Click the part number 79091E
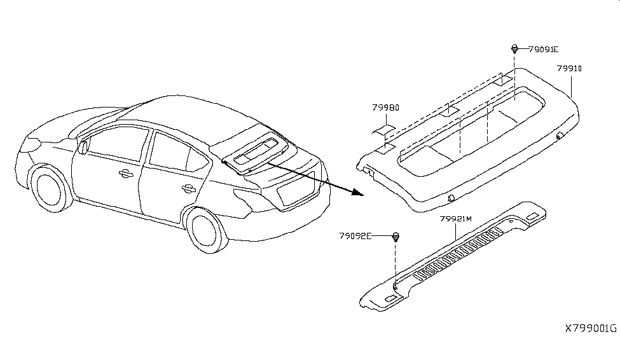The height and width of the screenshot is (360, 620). [544, 50]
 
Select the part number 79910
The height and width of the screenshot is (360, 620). [569, 69]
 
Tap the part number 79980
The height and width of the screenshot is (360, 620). [385, 107]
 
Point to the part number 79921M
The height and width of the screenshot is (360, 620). [456, 219]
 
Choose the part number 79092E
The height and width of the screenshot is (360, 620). [355, 236]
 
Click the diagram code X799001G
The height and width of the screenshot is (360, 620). [591, 328]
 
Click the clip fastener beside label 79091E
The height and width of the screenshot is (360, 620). [514, 50]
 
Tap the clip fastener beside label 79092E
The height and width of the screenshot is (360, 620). [396, 237]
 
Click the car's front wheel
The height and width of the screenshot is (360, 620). [50, 188]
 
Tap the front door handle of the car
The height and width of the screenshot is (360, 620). [125, 173]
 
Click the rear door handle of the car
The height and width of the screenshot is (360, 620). [189, 188]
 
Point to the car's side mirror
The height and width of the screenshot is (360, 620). [83, 146]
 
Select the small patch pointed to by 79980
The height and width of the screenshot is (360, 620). [384, 131]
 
